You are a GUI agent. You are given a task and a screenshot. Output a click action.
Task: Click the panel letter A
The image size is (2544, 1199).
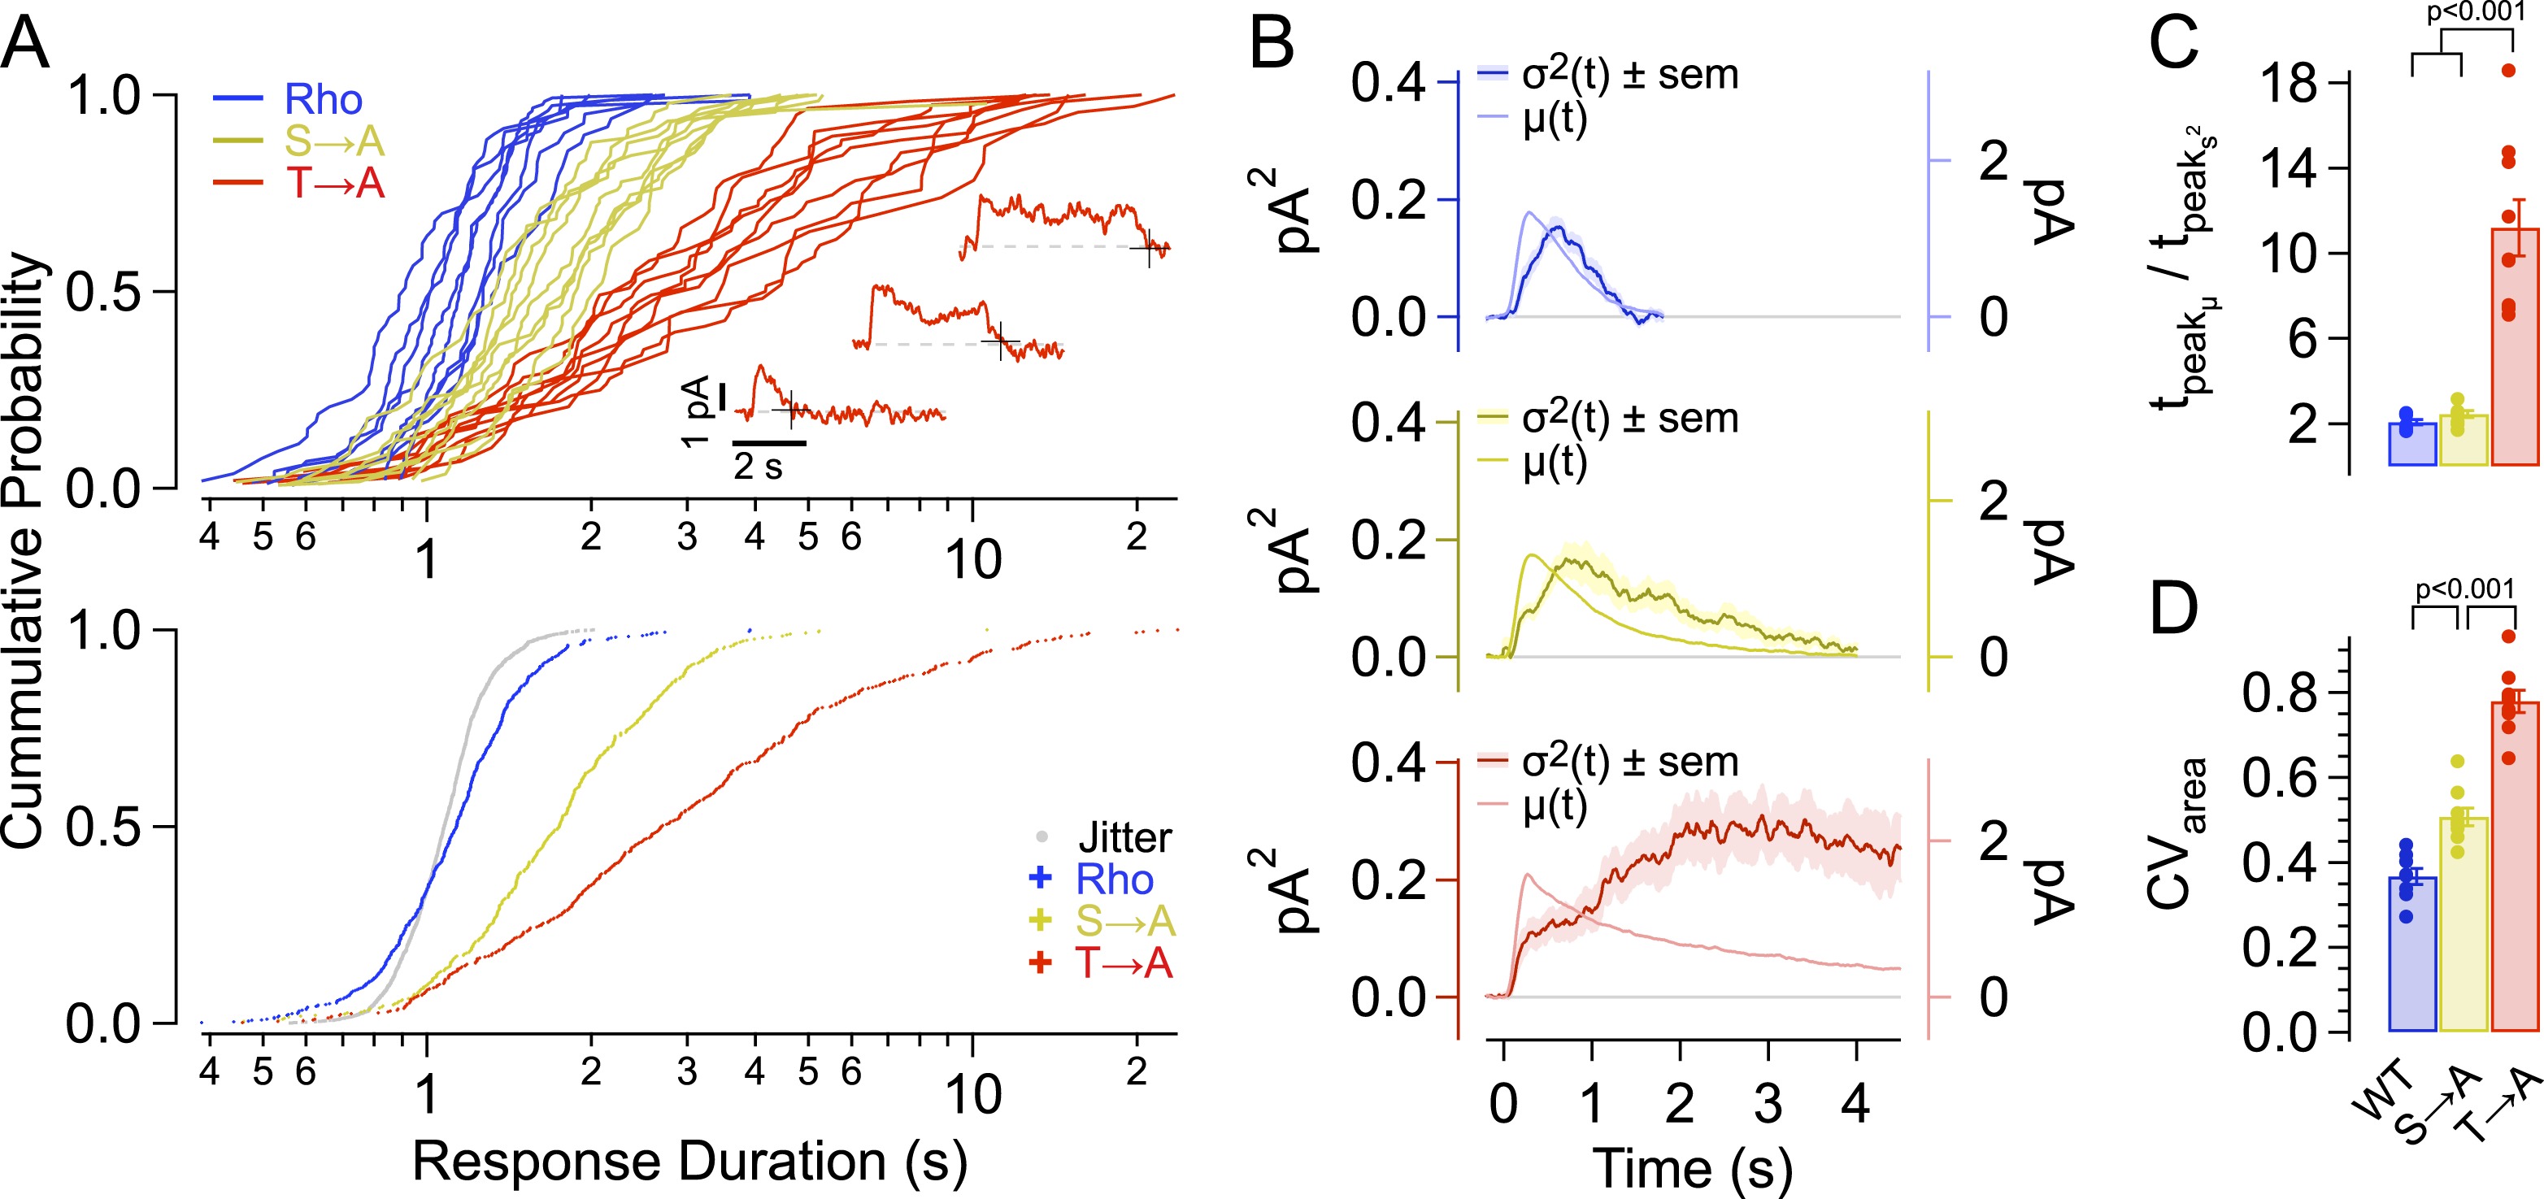(26, 45)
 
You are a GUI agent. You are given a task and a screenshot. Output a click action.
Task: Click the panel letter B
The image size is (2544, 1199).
(1271, 45)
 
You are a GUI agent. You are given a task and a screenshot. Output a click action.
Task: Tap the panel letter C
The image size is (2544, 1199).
(2172, 45)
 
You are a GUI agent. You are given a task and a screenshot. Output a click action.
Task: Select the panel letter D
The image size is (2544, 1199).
(2172, 610)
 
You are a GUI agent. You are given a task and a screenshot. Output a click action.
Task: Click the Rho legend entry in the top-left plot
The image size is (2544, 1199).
(323, 100)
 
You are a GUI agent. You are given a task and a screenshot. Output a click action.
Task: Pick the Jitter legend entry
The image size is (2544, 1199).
(1124, 837)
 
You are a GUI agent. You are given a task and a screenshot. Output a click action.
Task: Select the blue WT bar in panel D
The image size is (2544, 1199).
(2411, 953)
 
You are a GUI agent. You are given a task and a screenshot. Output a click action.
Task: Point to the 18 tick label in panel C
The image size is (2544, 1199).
(2288, 83)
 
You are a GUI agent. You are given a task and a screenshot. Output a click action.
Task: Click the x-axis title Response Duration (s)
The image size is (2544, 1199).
(689, 1162)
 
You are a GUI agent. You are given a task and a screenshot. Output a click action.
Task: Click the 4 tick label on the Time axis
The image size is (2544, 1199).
(1855, 1102)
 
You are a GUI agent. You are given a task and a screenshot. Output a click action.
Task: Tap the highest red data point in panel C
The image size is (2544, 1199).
(2507, 70)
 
